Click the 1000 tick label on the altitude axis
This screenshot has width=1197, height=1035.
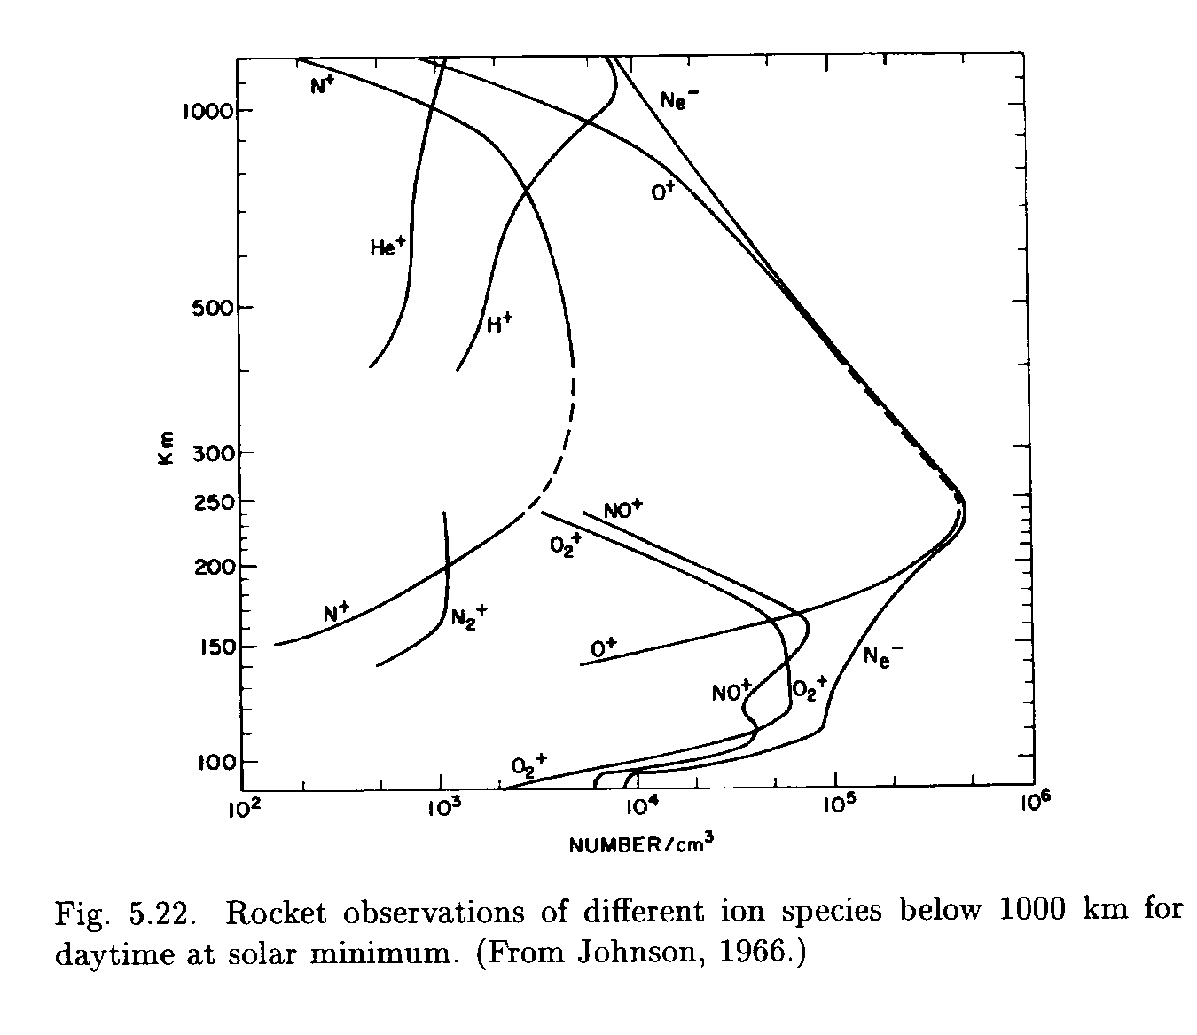pos(206,112)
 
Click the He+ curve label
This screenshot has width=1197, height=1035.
pos(387,247)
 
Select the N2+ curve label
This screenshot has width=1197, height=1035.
pos(469,616)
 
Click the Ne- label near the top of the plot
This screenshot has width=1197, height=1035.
pos(678,98)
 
